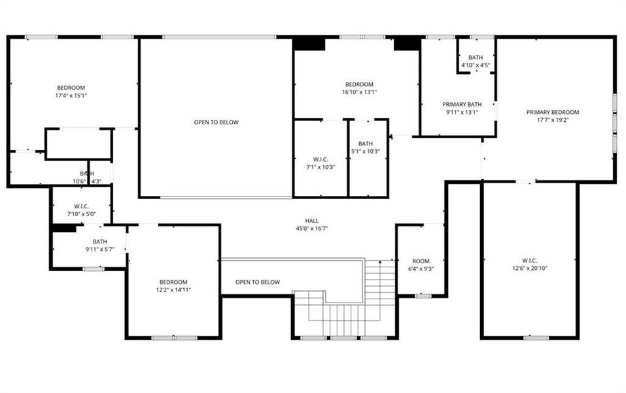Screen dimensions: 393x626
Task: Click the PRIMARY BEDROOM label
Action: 553,112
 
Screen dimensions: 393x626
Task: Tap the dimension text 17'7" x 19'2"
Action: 553,120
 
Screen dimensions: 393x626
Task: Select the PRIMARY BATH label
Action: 462,104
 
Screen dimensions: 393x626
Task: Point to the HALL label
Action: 311,221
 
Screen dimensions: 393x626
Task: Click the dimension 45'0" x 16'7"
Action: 311,229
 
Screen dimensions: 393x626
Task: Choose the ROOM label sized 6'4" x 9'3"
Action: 421,261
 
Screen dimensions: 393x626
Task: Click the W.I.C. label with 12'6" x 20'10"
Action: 529,259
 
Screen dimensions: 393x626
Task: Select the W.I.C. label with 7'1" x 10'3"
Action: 321,159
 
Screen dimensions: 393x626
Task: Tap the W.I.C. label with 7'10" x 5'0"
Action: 82,206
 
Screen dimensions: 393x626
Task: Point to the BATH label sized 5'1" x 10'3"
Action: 365,143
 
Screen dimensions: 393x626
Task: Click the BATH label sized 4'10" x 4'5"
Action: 476,58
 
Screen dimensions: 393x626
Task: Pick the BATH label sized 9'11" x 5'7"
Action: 99,241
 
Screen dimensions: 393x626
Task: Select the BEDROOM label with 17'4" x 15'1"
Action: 71,87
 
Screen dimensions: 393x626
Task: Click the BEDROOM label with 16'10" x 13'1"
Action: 359,84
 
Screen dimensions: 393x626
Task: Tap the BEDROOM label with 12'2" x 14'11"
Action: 173,282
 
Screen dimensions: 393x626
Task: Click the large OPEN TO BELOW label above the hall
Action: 216,122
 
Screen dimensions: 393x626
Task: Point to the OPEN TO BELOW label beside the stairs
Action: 258,282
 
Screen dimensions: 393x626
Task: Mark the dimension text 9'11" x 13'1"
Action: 462,112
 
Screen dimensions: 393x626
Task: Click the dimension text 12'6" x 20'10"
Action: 529,267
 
